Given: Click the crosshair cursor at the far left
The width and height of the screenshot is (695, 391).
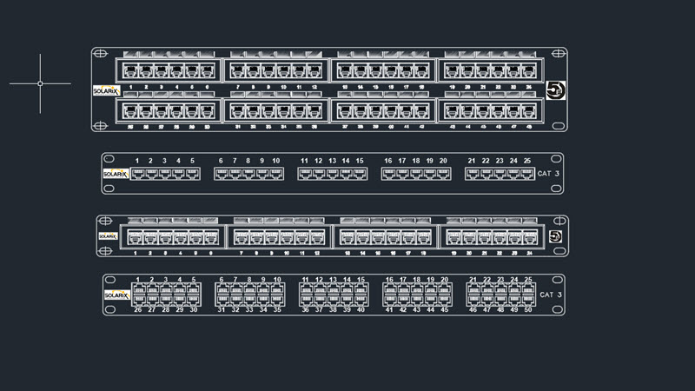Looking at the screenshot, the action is (40, 83).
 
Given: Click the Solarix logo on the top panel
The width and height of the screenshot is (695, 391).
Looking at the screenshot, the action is (105, 89).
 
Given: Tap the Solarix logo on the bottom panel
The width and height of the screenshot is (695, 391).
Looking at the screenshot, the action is (116, 295).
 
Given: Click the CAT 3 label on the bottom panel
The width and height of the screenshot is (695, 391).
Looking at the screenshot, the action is (551, 295).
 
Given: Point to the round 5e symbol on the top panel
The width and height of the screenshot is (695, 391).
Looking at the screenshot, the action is (553, 89).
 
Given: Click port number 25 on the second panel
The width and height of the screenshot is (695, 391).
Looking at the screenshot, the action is (527, 162).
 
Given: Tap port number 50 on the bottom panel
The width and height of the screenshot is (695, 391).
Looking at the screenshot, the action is (527, 309).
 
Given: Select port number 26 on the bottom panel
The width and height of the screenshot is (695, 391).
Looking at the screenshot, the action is (137, 309).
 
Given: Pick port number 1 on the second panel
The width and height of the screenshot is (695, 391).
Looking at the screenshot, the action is (137, 162).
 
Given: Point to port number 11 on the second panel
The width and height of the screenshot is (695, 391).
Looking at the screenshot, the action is (305, 162).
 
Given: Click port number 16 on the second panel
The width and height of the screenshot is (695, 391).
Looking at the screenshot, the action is (388, 162).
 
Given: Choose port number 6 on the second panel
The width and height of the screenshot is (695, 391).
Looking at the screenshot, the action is (221, 162).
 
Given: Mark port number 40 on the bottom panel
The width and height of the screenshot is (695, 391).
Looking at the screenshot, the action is (361, 309).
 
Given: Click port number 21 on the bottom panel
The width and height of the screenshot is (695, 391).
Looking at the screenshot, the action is (472, 280).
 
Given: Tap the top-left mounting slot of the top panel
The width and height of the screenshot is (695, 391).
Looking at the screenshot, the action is (100, 52).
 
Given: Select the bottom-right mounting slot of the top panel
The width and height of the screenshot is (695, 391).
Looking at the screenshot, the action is (559, 127).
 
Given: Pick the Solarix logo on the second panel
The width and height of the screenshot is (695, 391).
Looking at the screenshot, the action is (116, 174).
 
